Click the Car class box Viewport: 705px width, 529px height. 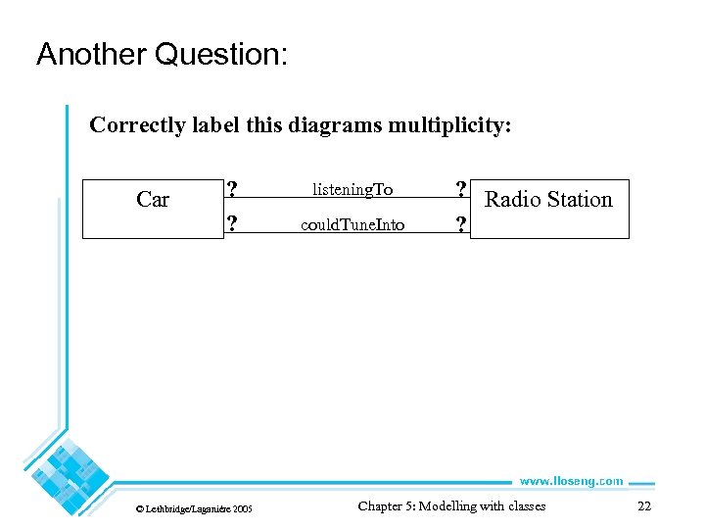153,208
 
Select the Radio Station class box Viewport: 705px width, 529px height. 549,208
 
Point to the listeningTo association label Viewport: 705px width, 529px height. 352,188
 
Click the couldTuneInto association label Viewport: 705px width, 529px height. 352,225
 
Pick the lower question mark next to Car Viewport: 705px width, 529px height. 231,224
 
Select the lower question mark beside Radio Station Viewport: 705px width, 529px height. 459,225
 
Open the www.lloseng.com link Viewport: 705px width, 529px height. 571,481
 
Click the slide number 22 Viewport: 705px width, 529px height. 643,506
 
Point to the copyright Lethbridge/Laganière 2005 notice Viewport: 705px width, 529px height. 193,508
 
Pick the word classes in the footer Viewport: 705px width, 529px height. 524,506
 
